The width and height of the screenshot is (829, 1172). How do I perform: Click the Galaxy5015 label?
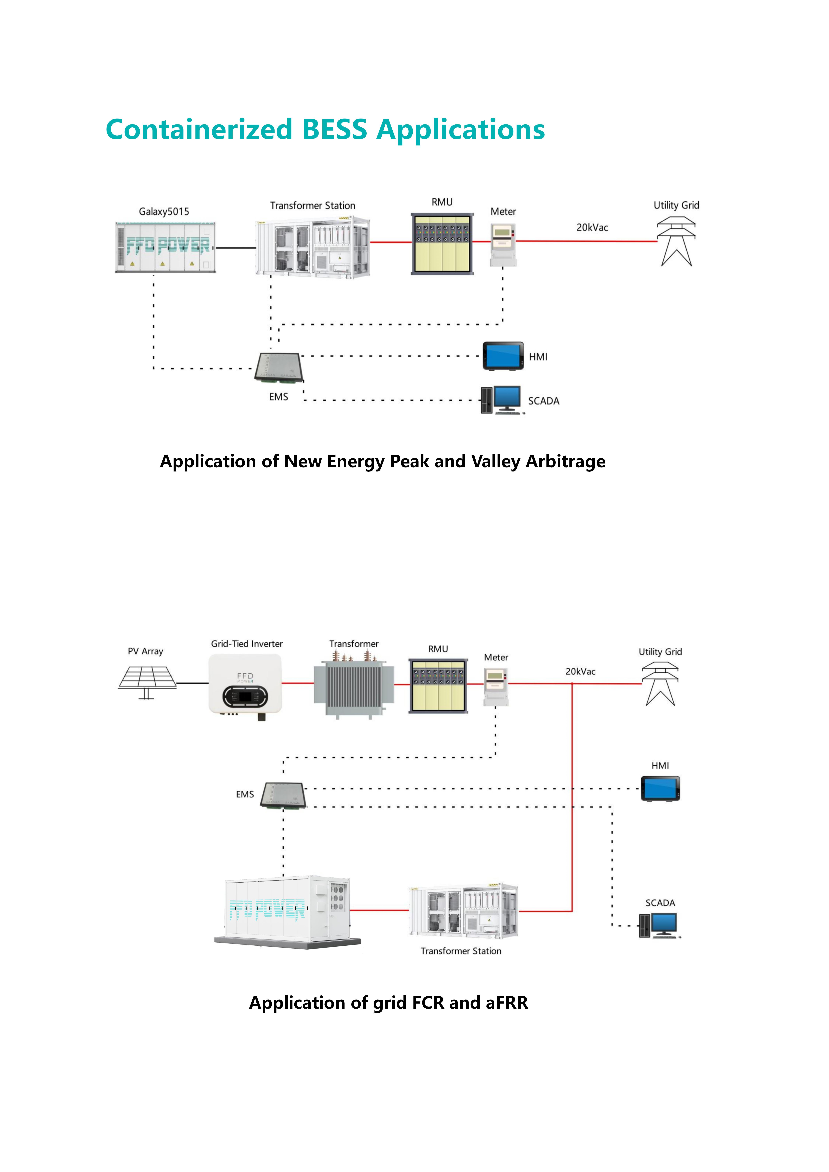[x=164, y=211]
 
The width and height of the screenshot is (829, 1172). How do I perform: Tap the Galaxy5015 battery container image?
[x=165, y=247]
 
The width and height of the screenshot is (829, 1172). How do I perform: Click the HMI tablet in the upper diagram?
[x=503, y=356]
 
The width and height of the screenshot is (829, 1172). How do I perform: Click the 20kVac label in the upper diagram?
[x=592, y=228]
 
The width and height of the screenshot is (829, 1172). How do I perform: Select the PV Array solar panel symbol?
[x=147, y=682]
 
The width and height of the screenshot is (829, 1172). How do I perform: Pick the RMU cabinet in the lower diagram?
[x=439, y=686]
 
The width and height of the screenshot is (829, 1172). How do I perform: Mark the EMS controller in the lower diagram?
[x=283, y=795]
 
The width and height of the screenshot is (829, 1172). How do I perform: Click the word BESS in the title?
[x=334, y=129]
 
